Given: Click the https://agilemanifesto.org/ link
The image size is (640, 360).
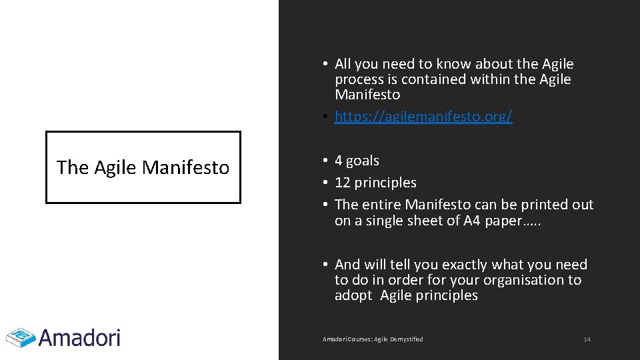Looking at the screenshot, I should click(423, 117).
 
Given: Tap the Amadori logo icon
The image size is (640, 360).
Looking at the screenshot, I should click(20, 337).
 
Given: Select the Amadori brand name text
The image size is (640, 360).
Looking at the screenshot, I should click(79, 337).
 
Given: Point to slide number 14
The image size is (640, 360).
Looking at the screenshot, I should click(587, 339).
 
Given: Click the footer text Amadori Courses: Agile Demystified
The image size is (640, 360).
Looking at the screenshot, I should click(373, 339).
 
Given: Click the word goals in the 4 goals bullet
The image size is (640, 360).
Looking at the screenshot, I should click(362, 161).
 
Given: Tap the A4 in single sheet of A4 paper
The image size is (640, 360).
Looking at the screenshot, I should click(472, 221).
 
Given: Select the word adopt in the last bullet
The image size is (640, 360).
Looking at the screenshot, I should click(353, 295).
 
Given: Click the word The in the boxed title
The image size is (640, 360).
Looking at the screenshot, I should click(72, 167).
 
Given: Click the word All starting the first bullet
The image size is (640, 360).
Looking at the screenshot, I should click(343, 64).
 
